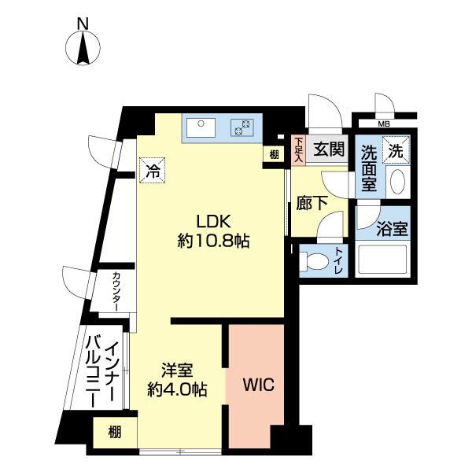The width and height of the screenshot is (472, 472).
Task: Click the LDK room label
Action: pos(212,221)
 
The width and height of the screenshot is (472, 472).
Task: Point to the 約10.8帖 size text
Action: pos(213,242)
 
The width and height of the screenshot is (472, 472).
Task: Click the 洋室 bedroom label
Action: pos(178,369)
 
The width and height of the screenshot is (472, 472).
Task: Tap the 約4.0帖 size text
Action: pos(178,389)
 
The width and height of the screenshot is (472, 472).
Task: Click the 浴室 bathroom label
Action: pos(391,230)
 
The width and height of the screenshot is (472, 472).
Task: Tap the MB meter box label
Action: pos(384,124)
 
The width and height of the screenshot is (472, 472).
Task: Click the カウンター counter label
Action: pos(116,291)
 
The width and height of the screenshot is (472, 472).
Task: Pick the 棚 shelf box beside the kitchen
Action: pos(273,154)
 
